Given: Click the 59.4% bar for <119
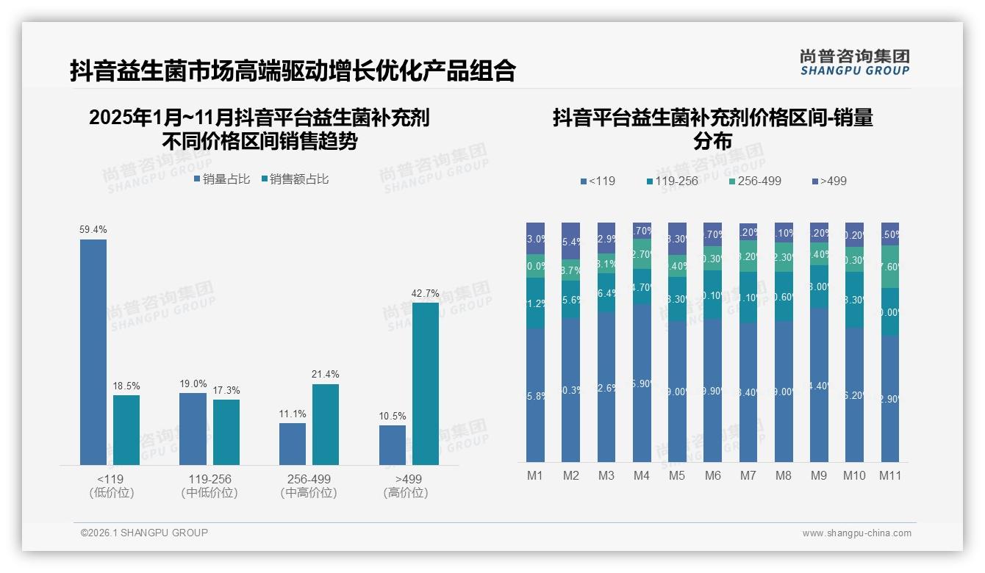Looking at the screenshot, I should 93,352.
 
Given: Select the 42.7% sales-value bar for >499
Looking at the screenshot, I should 426,383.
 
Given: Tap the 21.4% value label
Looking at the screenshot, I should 326,374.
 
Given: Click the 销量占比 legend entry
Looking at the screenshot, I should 222,179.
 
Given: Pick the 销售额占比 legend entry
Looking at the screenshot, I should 295,179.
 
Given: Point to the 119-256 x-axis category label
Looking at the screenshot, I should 209,479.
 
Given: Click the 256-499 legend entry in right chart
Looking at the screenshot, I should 755,181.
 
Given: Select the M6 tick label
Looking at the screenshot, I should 712,475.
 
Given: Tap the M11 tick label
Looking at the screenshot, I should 890,475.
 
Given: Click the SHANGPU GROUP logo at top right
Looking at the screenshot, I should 854,62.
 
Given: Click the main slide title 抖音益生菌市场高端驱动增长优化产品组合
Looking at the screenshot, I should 293,71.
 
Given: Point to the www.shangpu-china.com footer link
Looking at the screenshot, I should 856,533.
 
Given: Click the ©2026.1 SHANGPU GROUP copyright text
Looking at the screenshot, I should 144,533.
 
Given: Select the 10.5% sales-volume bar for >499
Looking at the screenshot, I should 393,445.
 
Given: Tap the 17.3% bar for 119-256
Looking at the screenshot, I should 226,432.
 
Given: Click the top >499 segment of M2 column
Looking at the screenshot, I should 570,240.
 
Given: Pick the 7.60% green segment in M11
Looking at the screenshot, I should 890,267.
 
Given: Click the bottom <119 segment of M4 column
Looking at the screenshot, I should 642,383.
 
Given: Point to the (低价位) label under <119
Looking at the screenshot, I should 112,493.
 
